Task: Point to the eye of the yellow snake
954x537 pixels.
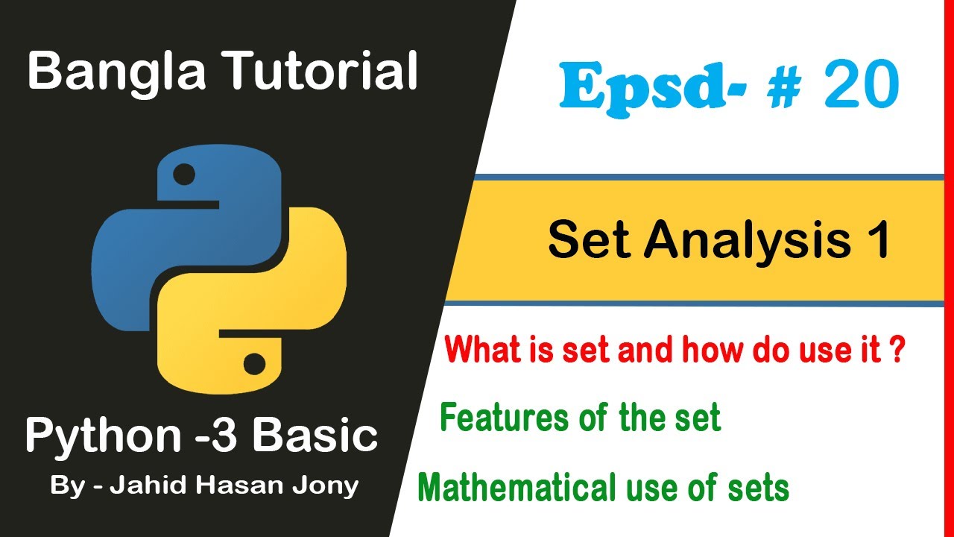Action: pos(254,365)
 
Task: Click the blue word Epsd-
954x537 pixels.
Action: pos(642,89)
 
